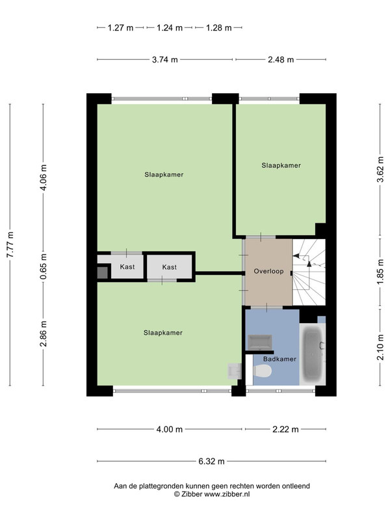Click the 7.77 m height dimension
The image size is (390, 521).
11,245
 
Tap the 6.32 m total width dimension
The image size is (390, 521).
212,461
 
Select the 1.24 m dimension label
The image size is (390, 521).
170,28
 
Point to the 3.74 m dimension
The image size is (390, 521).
165,60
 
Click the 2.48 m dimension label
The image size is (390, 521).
281,60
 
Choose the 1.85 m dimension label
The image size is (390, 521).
380,272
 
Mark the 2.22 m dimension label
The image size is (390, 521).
285,429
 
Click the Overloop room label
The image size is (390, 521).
268,271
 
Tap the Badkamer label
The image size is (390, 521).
279,359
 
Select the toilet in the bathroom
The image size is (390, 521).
263,371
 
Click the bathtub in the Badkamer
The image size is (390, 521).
313,354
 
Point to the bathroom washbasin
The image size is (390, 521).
261,343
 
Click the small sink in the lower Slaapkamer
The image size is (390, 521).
235,371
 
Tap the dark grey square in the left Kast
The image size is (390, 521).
103,273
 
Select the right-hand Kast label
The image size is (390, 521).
170,267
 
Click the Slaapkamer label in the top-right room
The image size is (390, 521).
281,165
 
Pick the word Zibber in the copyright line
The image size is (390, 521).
191,494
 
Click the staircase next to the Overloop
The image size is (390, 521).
309,272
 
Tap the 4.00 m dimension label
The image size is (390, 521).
170,429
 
